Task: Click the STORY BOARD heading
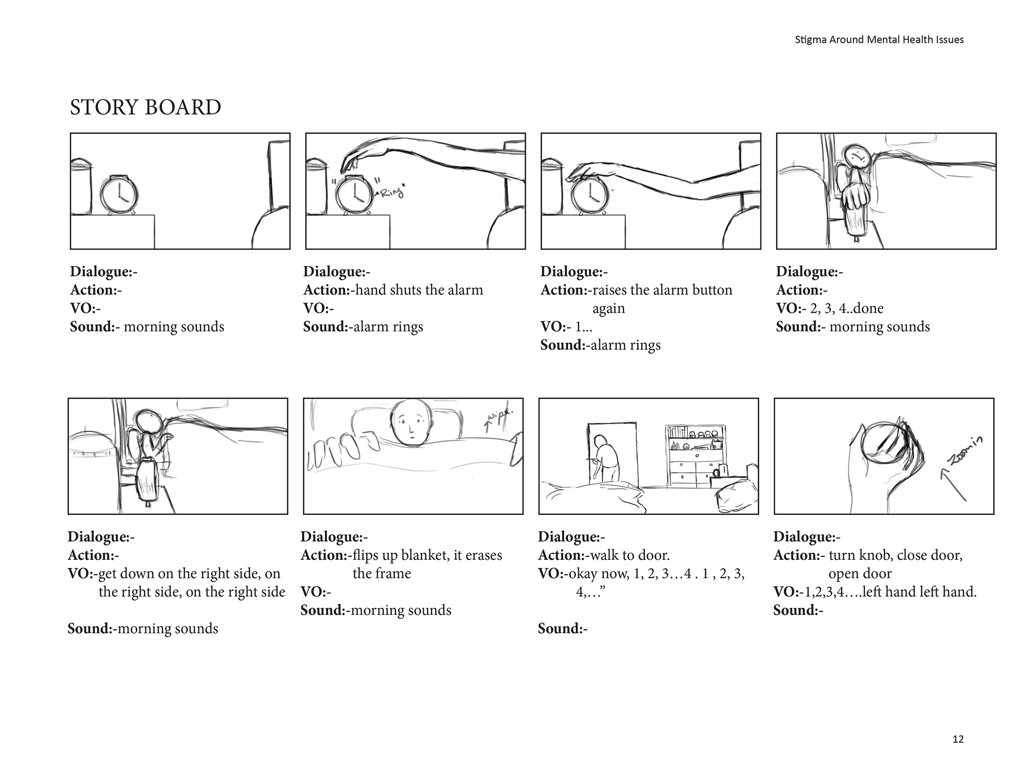(x=145, y=108)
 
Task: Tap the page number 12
(x=958, y=739)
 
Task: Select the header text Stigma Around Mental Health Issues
(x=879, y=39)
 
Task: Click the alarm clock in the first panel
(x=119, y=195)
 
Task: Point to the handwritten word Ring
(x=392, y=192)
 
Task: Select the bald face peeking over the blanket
(x=413, y=423)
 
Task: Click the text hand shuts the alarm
(x=419, y=290)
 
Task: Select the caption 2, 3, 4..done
(x=846, y=308)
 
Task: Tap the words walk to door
(x=629, y=555)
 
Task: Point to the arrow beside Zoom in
(x=952, y=484)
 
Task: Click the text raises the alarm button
(x=662, y=290)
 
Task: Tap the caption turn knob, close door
(x=895, y=555)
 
